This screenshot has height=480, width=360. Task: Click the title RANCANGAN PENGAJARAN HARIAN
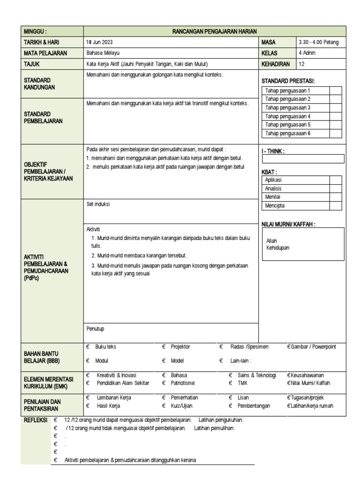(214, 31)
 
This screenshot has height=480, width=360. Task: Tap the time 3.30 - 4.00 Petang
(318, 42)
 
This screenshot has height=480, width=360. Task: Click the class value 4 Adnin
(307, 53)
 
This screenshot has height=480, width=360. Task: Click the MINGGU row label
(35, 31)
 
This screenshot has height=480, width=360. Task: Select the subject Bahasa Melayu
(100, 53)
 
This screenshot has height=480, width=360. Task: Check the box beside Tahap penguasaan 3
(335, 108)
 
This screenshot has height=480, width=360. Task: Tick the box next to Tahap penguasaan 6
(335, 134)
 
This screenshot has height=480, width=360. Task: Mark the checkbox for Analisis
(335, 188)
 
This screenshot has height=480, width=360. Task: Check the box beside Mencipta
(335, 205)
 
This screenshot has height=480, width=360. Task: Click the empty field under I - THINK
(303, 159)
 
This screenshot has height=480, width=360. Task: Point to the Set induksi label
(98, 204)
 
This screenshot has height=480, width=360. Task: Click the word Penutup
(95, 329)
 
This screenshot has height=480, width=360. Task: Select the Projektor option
(180, 347)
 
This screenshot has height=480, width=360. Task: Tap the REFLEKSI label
(36, 420)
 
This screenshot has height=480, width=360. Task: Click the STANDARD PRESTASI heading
(288, 81)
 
